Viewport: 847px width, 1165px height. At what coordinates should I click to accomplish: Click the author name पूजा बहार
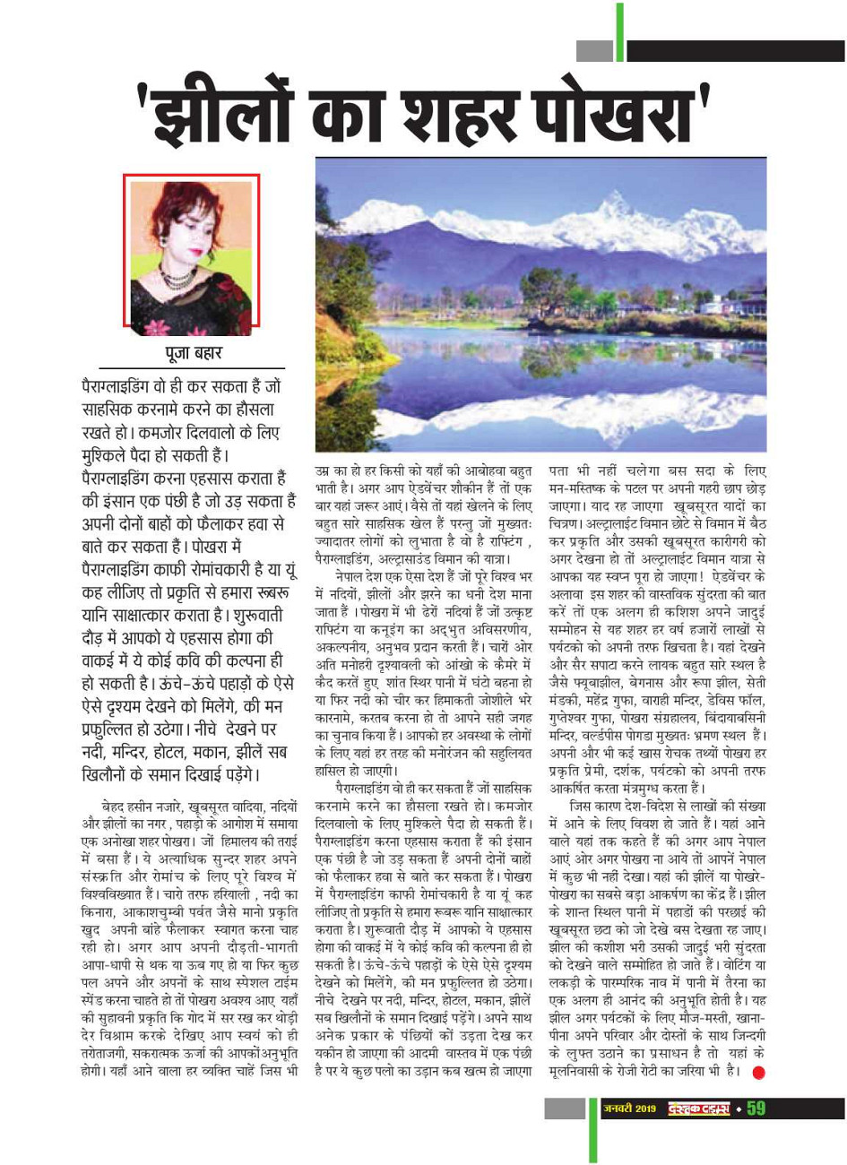pos(191,352)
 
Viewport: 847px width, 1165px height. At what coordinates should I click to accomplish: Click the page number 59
pos(756,1109)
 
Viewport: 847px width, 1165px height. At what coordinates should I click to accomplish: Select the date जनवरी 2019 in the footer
pos(628,1109)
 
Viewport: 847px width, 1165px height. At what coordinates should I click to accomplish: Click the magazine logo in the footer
pos(696,1109)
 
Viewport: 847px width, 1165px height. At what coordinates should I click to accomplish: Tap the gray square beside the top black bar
pos(593,51)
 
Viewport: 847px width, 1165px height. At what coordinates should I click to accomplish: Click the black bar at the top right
pos(735,51)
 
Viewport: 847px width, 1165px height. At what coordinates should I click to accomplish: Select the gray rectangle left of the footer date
pos(565,1109)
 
